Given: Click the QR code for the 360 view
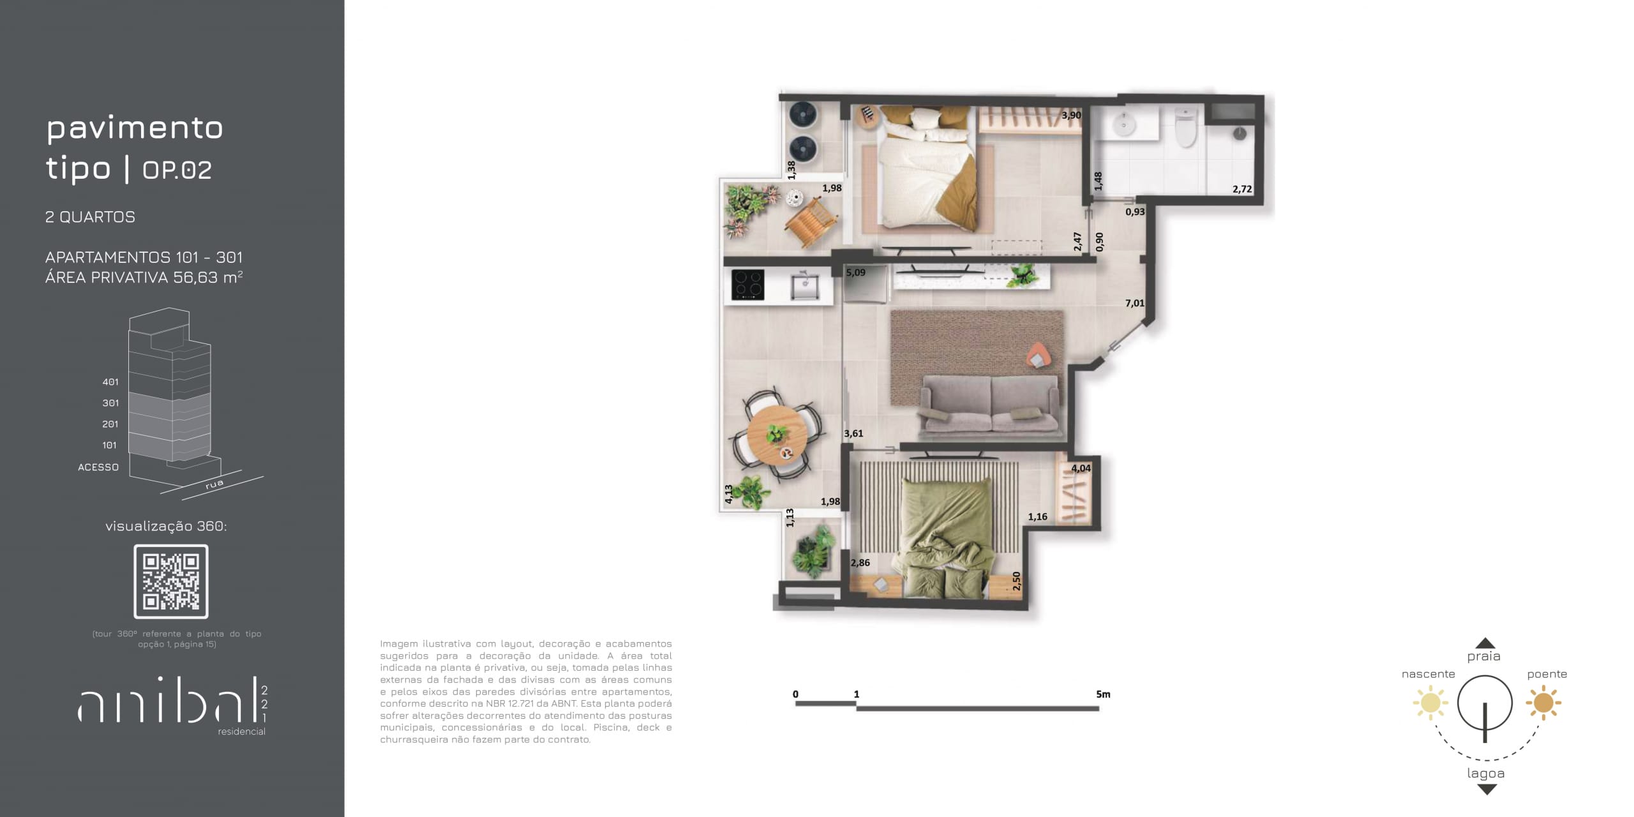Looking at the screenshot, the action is tap(171, 581).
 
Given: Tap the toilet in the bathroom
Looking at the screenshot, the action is tap(1185, 126).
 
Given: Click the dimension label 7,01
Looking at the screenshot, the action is tap(1135, 303).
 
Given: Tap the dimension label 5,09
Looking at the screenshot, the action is tap(855, 273).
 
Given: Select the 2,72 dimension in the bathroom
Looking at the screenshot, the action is tap(1242, 189).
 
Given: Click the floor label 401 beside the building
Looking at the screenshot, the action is tap(110, 382).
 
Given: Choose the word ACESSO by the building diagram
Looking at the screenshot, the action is tap(98, 467).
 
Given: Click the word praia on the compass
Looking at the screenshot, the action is tap(1483, 657).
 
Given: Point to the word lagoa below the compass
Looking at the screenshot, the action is tap(1486, 774).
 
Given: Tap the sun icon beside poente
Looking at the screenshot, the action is tap(1543, 703).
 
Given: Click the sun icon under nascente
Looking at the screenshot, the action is tap(1430, 703).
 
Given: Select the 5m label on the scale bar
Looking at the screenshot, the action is tap(1103, 694).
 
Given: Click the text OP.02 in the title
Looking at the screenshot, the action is tap(177, 170).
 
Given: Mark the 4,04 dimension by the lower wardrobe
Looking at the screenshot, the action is tap(1081, 468).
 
